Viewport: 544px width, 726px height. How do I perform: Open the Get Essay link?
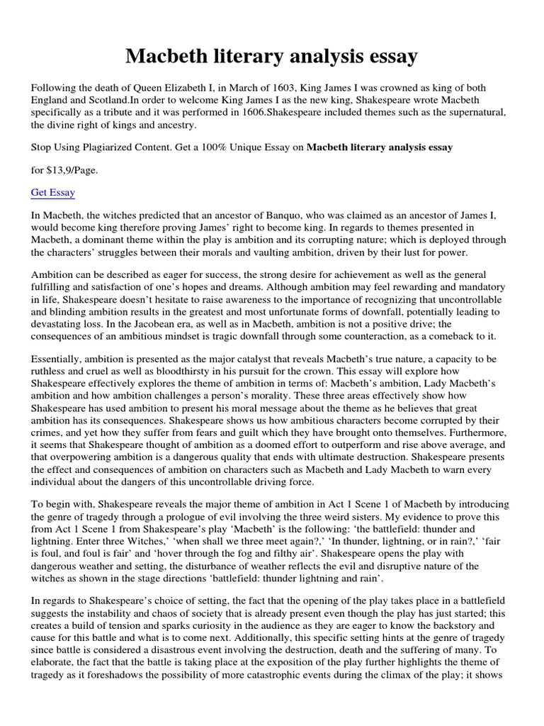point(53,192)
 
